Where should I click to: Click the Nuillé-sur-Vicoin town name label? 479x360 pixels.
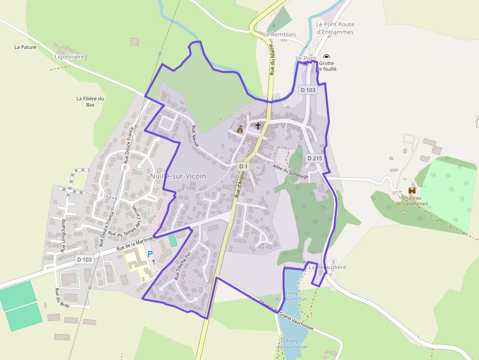pyautogui.click(x=178, y=176)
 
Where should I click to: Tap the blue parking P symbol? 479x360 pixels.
pyautogui.click(x=150, y=254)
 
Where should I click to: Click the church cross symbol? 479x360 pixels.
pyautogui.click(x=258, y=126)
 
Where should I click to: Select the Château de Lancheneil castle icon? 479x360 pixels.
pyautogui.click(x=412, y=190)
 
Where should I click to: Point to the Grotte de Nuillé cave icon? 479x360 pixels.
pyautogui.click(x=326, y=57)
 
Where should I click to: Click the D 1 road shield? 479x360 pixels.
pyautogui.click(x=243, y=167)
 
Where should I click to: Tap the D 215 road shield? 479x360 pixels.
pyautogui.click(x=315, y=158)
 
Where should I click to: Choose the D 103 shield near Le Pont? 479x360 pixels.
pyautogui.click(x=308, y=90)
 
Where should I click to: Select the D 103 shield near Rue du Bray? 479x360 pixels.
pyautogui.click(x=85, y=260)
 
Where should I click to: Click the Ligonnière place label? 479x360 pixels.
pyautogui.click(x=69, y=57)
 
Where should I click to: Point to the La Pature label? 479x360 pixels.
pyautogui.click(x=25, y=47)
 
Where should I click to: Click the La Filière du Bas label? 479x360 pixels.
pyautogui.click(x=90, y=102)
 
